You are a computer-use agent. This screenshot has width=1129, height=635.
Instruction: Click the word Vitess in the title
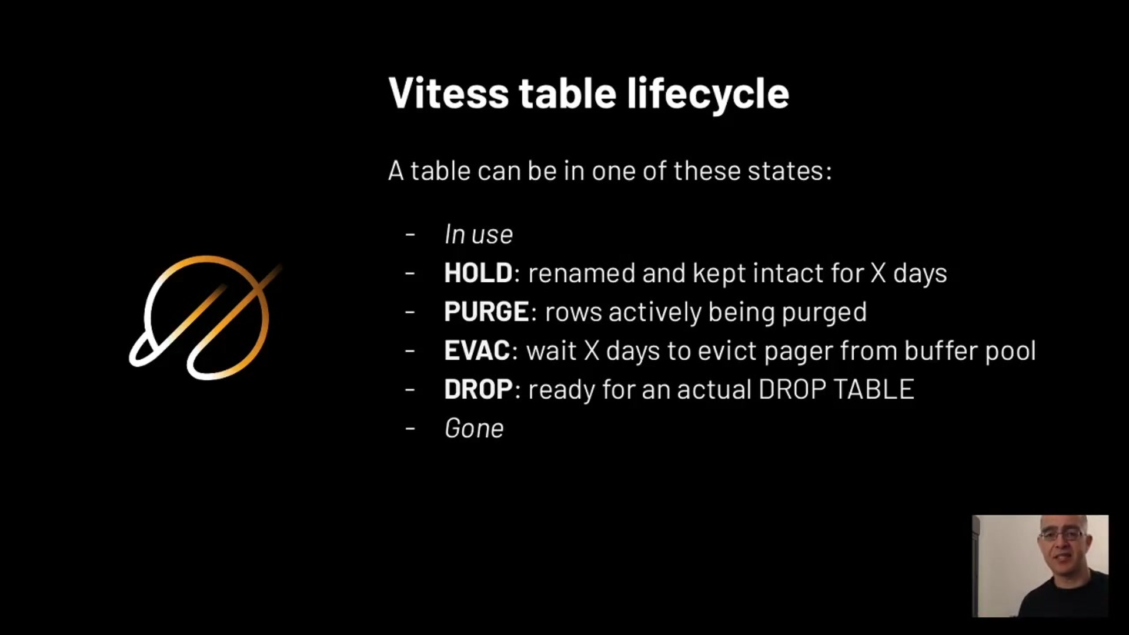[x=449, y=93]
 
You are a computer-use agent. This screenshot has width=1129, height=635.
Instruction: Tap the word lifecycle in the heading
[x=708, y=94]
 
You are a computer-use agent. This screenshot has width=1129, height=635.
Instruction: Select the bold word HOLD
[x=478, y=273]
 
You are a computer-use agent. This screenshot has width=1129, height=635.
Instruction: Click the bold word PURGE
[x=486, y=312]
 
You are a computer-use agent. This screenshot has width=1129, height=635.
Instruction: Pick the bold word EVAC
[x=477, y=350]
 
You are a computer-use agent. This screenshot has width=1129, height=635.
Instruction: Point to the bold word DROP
[x=478, y=389]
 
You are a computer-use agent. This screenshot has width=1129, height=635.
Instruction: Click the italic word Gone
[x=474, y=428]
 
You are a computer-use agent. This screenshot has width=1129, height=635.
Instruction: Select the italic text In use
[x=479, y=234]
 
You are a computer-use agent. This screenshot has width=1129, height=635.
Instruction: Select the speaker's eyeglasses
[x=1062, y=536]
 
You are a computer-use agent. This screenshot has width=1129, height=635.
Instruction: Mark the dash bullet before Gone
[x=410, y=429]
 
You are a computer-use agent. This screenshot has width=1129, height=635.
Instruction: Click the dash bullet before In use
[x=410, y=235]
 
